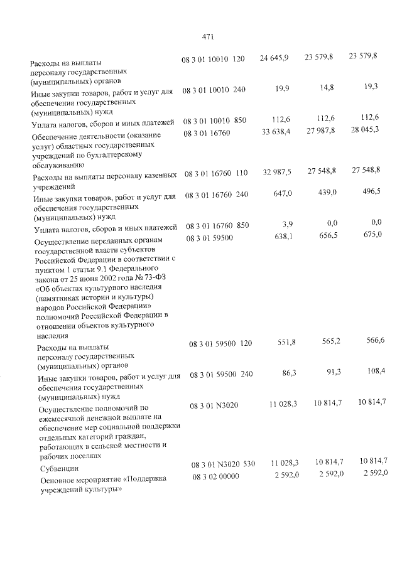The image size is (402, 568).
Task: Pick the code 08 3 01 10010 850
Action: [215, 120]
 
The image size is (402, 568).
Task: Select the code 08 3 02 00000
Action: [212, 477]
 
